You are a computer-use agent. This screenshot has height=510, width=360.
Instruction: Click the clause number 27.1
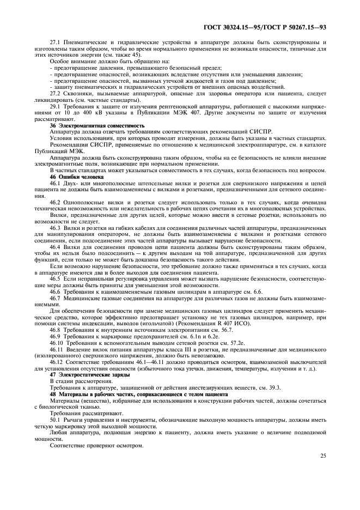[x=55, y=41]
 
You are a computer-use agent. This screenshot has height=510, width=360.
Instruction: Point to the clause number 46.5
[x=55, y=278]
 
